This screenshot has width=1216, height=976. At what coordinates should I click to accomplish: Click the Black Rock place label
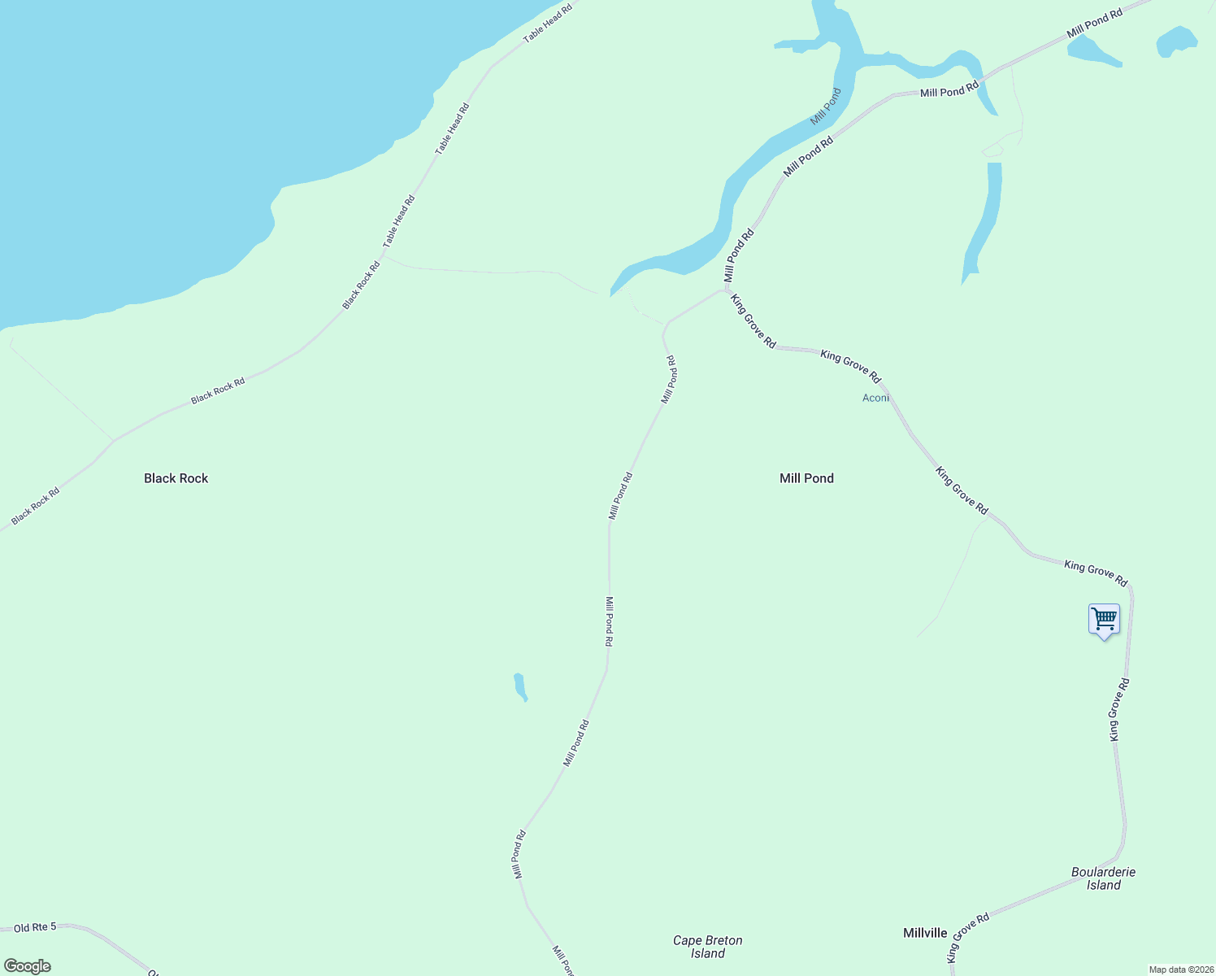(x=176, y=478)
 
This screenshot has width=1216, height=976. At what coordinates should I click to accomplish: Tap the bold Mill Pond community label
(x=806, y=478)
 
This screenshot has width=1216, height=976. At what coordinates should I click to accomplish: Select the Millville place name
(x=925, y=933)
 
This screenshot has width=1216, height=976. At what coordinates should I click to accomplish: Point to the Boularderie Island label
(x=1103, y=878)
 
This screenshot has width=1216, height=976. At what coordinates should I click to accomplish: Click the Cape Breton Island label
(x=707, y=947)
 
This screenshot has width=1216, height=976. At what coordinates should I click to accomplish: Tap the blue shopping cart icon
(x=1104, y=620)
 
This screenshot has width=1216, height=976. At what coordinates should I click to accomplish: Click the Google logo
(x=28, y=966)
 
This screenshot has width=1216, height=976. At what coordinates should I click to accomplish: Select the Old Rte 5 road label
(x=35, y=927)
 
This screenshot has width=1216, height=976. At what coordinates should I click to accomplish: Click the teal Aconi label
(x=875, y=398)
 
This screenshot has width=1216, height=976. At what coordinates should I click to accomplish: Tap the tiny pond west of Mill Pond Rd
(x=520, y=686)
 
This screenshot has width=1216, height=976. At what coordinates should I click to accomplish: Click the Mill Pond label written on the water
(x=826, y=107)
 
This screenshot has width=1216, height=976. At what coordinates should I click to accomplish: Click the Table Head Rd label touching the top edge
(x=548, y=23)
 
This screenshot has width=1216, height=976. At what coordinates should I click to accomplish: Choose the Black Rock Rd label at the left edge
(x=36, y=506)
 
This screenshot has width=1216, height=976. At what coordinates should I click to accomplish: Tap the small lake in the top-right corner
(x=1176, y=41)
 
